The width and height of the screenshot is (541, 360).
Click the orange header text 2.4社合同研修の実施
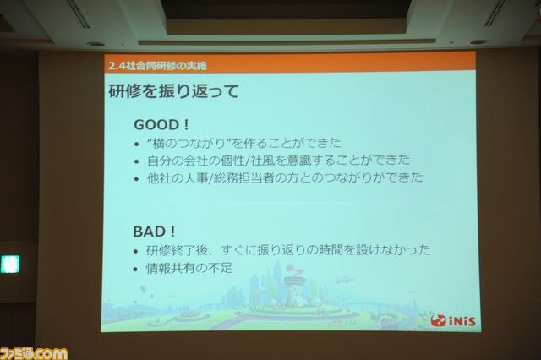point(157,65)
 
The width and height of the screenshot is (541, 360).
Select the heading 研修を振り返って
point(173,92)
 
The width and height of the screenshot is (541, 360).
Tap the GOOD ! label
point(161,124)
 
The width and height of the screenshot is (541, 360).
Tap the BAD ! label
point(154,232)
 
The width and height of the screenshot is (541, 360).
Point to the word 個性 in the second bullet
point(238,161)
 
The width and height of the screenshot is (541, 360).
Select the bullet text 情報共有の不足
point(189,268)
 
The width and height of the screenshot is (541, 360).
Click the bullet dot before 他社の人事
point(137,179)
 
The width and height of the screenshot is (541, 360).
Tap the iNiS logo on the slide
point(453,321)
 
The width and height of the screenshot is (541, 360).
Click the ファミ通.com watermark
point(34,354)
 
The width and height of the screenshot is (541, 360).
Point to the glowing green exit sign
point(10,265)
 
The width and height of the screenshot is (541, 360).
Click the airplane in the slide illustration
point(344,279)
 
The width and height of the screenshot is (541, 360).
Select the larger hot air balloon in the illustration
point(145,289)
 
